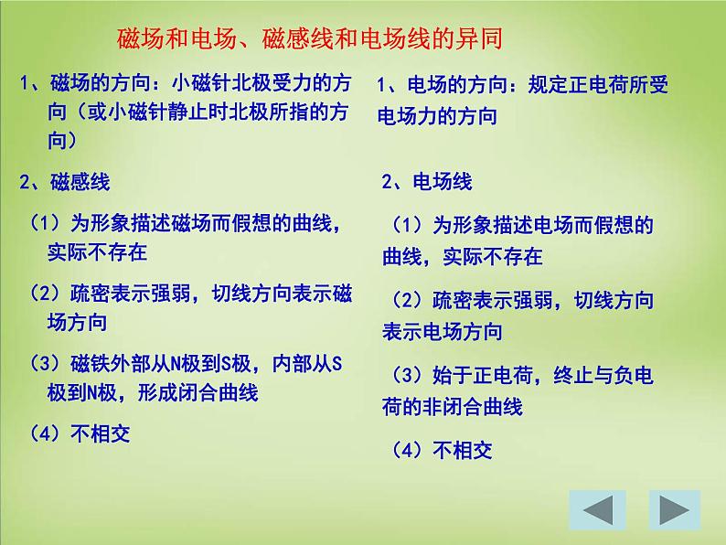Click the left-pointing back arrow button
click(x=597, y=510)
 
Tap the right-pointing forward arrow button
click(x=674, y=510)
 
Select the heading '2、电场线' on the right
click(x=427, y=182)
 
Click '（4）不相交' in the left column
click(x=80, y=433)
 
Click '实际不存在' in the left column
click(x=97, y=250)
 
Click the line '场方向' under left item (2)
click(x=78, y=322)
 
